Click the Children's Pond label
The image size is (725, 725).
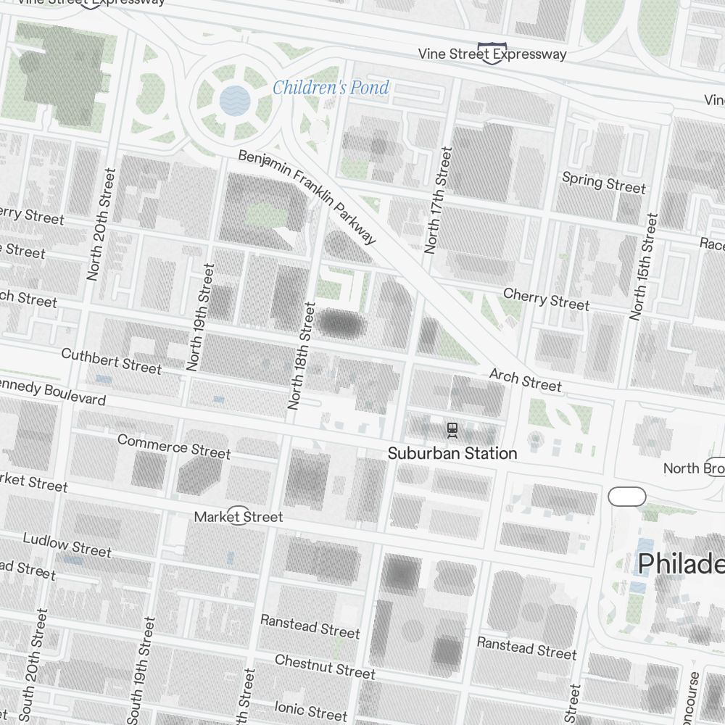click(x=331, y=88)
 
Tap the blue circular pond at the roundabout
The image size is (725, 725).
click(x=234, y=100)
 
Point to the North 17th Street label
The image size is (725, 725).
click(x=438, y=201)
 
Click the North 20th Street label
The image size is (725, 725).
click(x=101, y=225)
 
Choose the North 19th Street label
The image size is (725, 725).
click(x=201, y=318)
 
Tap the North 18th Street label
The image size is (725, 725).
click(x=302, y=356)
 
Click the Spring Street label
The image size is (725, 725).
click(x=603, y=182)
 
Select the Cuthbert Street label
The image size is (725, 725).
click(x=111, y=361)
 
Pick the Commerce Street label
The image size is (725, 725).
click(x=173, y=446)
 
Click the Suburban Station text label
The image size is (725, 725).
click(x=452, y=454)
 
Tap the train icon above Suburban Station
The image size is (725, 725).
click(x=452, y=430)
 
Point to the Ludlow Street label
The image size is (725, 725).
click(x=67, y=544)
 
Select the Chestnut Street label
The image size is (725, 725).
click(x=325, y=667)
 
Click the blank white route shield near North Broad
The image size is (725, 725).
click(x=626, y=497)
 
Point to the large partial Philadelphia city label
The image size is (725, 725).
click(x=681, y=563)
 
